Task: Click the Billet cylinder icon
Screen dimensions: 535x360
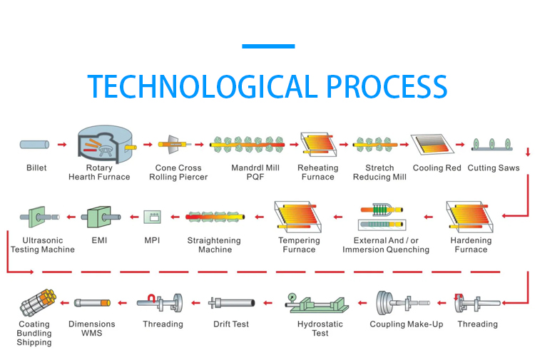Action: click(x=34, y=145)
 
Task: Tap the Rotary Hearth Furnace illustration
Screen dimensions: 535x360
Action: click(x=106, y=145)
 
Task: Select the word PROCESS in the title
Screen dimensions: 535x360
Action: click(x=387, y=86)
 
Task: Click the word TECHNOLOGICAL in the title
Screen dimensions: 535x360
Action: click(x=203, y=86)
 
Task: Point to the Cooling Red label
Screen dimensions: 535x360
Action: click(x=437, y=168)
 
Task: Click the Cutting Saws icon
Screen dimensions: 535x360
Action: click(x=492, y=144)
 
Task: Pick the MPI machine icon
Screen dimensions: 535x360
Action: click(x=152, y=217)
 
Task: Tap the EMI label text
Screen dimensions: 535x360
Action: click(x=99, y=240)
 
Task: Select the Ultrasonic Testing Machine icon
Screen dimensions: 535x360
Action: click(x=39, y=217)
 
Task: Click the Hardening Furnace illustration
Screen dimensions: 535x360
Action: click(x=469, y=217)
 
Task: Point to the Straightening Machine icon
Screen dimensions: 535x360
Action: click(x=215, y=217)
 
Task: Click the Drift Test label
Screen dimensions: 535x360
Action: click(x=231, y=324)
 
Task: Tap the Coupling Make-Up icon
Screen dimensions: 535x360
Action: click(x=402, y=303)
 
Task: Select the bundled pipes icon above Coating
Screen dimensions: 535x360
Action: click(x=38, y=302)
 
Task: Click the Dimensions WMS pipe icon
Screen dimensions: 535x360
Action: click(x=92, y=303)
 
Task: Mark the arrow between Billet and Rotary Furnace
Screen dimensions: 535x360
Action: click(x=62, y=145)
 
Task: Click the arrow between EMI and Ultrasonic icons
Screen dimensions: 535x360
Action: click(x=71, y=217)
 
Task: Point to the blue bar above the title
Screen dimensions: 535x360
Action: click(x=268, y=46)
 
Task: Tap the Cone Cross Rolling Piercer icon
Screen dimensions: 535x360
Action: click(x=174, y=144)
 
